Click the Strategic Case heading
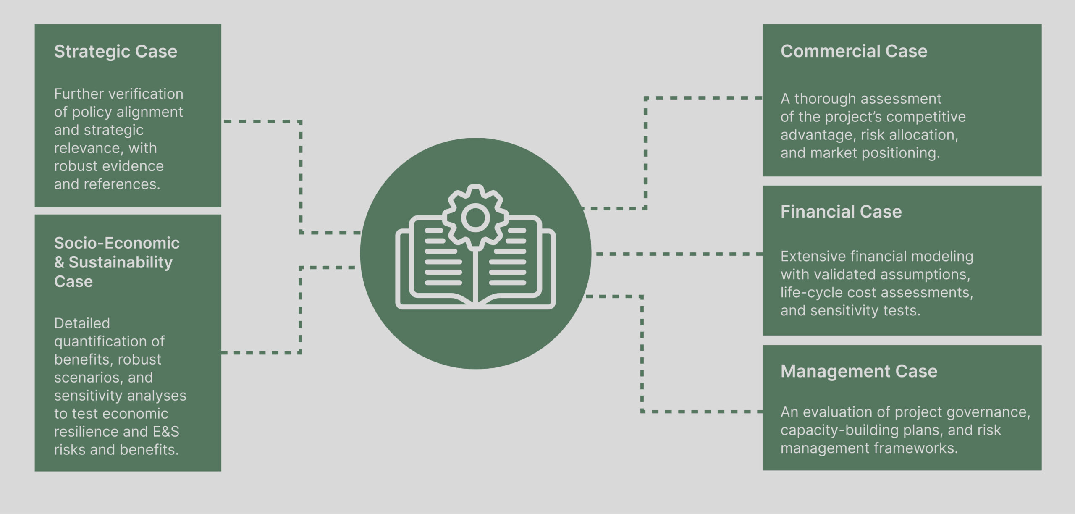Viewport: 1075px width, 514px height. click(115, 51)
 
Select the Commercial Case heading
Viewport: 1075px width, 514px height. click(854, 51)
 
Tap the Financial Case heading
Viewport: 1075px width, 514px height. click(841, 212)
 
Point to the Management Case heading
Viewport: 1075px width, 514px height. click(859, 371)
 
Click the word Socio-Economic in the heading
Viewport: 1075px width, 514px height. click(117, 243)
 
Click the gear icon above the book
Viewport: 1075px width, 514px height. click(475, 218)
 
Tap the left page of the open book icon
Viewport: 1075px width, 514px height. click(441, 265)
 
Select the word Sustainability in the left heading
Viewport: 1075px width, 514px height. click(121, 262)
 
